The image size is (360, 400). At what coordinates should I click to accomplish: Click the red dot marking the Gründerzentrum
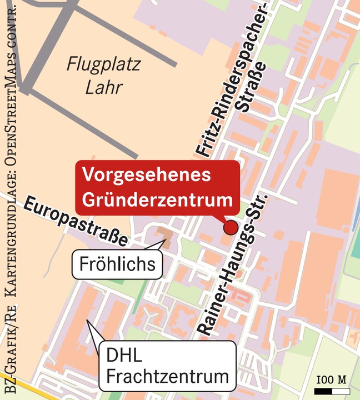tap(231, 227)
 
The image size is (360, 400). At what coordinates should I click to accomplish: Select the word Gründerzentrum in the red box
tap(157, 199)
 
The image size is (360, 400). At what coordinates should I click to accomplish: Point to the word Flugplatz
tap(104, 64)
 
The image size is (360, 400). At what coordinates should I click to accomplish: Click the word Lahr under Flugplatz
tap(104, 88)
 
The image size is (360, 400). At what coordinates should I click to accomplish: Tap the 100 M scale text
tap(331, 379)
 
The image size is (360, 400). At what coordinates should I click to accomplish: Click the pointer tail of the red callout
tap(224, 219)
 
